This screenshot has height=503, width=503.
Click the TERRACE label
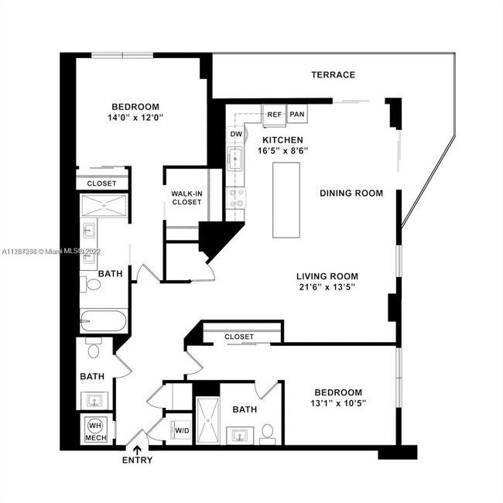click(333, 75)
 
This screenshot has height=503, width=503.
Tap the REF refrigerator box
click(274, 115)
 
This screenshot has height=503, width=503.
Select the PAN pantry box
click(297, 115)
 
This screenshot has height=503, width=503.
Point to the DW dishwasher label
click(236, 135)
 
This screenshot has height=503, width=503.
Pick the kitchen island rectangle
click(286, 201)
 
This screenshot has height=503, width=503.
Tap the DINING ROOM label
click(351, 193)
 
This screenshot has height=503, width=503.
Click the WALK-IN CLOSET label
click(186, 198)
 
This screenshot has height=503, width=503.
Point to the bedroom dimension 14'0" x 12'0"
click(135, 118)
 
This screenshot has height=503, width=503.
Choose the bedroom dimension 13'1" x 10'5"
click(338, 403)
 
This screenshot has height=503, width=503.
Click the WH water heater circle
click(94, 426)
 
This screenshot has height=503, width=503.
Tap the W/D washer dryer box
click(183, 431)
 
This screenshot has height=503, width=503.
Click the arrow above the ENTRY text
click(138, 449)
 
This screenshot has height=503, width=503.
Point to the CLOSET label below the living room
click(239, 337)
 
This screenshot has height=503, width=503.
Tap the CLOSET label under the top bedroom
click(101, 183)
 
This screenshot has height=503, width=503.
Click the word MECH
click(95, 438)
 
